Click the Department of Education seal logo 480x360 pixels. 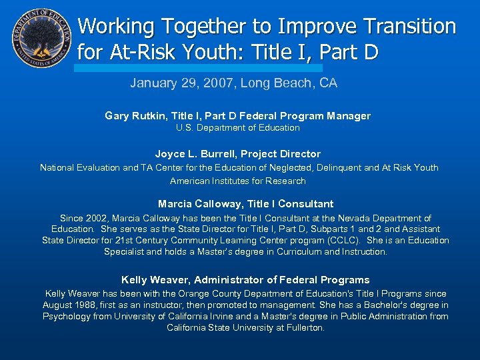tap(41, 39)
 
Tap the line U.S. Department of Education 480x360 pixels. tap(238, 128)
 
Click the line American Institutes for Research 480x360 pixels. tap(238, 181)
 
